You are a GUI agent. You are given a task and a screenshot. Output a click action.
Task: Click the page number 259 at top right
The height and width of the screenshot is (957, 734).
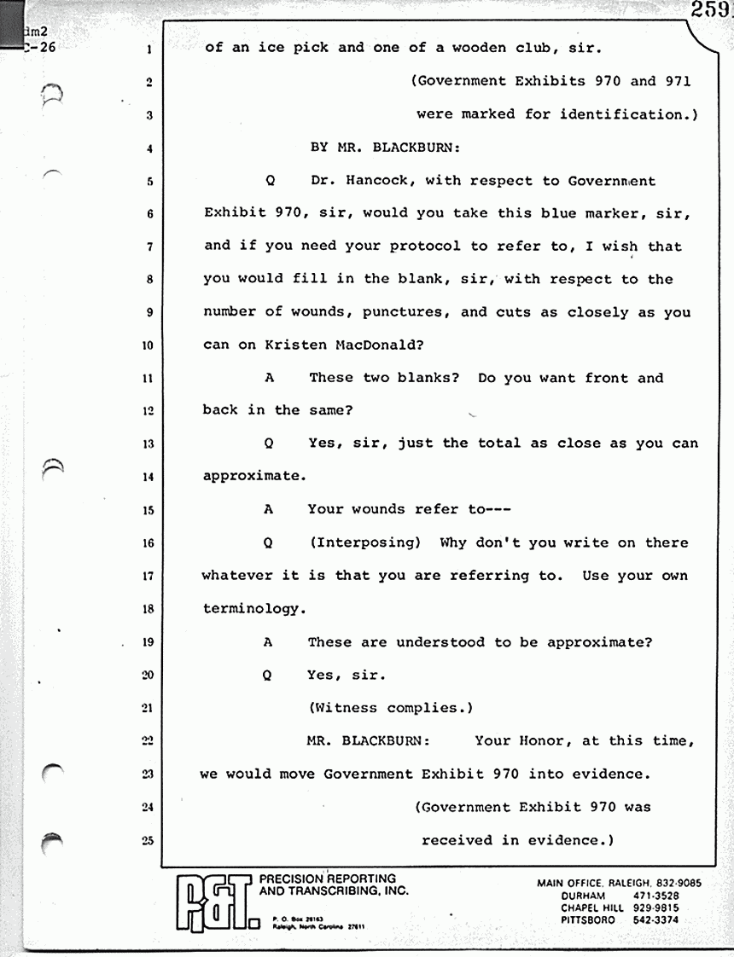(x=715, y=10)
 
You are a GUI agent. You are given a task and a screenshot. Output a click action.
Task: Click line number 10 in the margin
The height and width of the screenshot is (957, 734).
(x=147, y=345)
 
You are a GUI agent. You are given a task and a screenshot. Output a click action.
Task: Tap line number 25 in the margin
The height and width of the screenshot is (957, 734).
(x=147, y=841)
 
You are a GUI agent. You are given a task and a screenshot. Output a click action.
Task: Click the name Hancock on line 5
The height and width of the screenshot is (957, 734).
(x=381, y=181)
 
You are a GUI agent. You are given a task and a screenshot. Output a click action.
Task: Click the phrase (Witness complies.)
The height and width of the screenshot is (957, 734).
(x=390, y=708)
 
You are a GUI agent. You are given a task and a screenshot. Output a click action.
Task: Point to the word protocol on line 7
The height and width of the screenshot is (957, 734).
(x=427, y=246)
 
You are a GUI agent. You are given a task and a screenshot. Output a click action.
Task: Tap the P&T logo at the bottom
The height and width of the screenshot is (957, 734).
(x=213, y=902)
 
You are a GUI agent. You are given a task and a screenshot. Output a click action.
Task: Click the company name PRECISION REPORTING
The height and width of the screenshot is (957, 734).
(x=327, y=879)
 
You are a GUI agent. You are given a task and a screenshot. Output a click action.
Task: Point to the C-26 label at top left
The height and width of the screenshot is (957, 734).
(x=38, y=48)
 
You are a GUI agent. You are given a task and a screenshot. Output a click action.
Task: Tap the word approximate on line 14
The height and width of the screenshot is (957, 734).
(x=253, y=477)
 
